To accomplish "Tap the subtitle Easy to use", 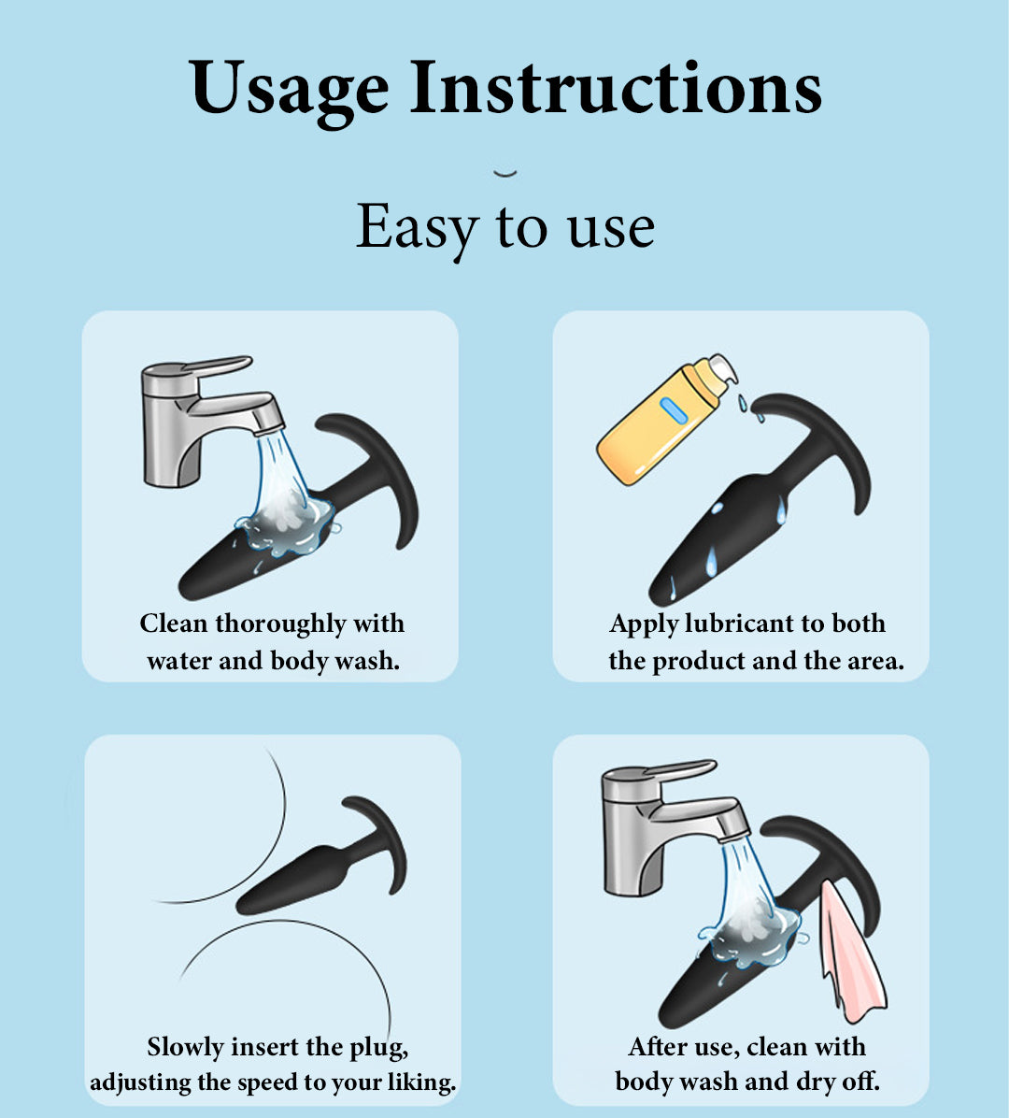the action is [x=505, y=228].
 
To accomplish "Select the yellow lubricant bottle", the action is [x=666, y=421].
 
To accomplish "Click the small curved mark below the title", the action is [x=505, y=173].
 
